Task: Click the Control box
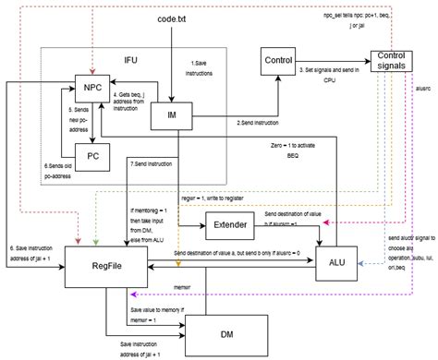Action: pos(278,61)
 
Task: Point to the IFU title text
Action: pos(133,60)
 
